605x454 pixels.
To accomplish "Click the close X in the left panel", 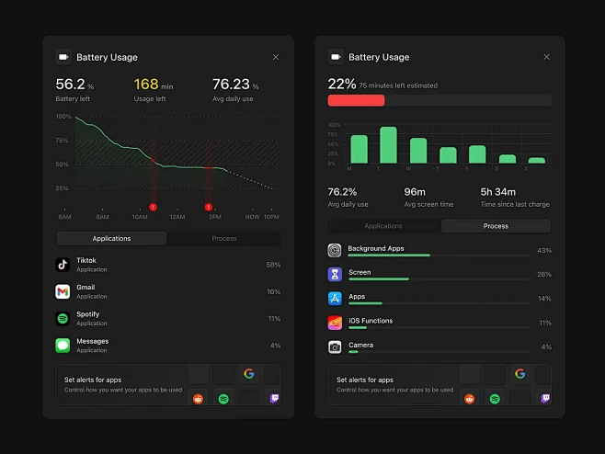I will point(276,57).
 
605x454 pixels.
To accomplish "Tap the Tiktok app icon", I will point(63,265).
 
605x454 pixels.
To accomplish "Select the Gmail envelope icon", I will point(63,291).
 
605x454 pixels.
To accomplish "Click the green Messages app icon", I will point(63,346).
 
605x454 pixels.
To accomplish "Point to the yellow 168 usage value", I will point(146,84).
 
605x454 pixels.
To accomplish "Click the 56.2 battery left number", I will point(71,84).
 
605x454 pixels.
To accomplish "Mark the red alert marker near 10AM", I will point(153,207).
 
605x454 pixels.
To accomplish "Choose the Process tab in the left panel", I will point(224,238).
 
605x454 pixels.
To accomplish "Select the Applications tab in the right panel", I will point(383,226).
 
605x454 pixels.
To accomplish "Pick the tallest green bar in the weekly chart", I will point(388,145).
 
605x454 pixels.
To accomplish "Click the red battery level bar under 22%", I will point(356,100).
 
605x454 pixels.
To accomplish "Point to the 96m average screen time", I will point(416,192).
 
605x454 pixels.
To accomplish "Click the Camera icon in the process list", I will point(335,346).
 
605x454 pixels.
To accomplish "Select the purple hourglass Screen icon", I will point(335,274).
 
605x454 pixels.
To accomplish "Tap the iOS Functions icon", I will point(335,323).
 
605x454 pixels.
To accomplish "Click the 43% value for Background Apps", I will point(544,250).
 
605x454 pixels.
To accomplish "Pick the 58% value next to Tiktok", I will point(273,265).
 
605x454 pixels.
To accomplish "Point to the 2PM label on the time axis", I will point(215,217).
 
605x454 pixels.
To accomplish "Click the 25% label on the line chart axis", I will point(63,188).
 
